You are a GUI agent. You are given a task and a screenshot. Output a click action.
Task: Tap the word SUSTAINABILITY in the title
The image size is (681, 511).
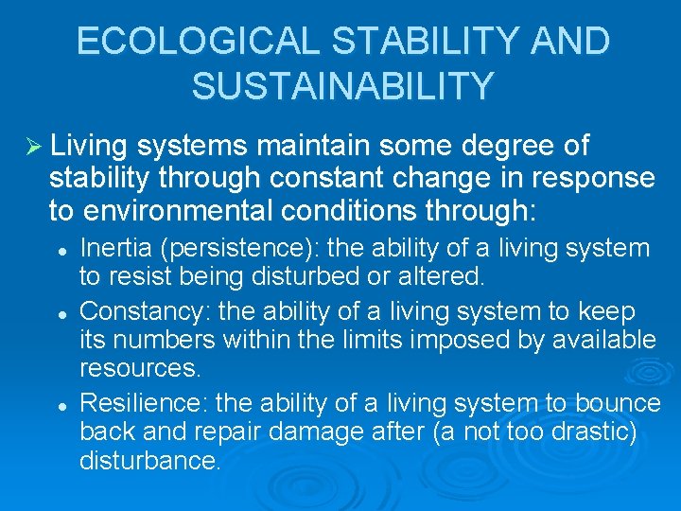point(341,85)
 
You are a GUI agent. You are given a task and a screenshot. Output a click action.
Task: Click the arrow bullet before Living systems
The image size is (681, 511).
point(30,146)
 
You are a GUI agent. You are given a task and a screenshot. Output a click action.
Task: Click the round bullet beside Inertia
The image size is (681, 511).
point(61,250)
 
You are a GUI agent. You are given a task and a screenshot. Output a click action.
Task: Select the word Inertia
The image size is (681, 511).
point(110,249)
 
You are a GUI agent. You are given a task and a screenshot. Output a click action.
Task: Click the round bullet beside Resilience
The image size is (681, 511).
point(61,404)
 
